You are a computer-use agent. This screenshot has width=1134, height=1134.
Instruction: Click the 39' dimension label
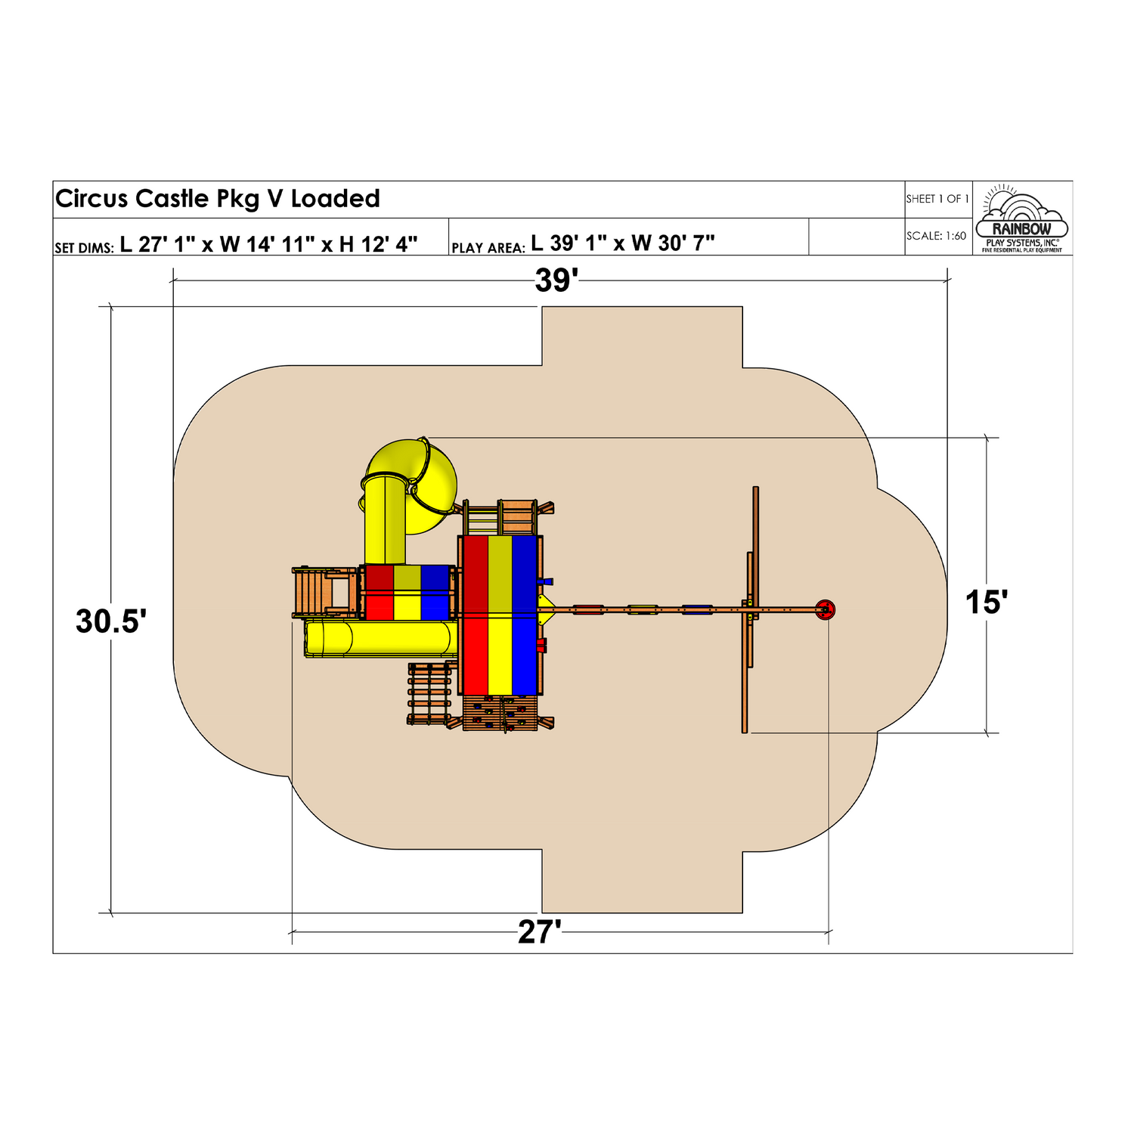[556, 280]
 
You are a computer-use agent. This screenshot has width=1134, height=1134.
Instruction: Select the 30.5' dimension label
[110, 621]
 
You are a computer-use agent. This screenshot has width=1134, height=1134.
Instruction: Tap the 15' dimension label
[986, 603]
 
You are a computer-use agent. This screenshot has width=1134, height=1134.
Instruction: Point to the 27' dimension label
[539, 932]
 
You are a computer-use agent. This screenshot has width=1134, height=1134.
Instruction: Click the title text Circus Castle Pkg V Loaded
[218, 199]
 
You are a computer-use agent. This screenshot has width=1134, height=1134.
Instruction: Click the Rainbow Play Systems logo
[1021, 218]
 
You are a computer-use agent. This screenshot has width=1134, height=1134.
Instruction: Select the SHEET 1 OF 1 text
[937, 199]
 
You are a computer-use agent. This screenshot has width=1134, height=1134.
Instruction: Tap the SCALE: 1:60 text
[936, 236]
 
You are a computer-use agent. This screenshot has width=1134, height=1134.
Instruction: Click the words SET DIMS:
[84, 248]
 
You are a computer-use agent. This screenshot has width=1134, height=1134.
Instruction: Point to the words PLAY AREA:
[488, 248]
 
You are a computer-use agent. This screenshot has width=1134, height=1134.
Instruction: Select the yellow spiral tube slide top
[411, 476]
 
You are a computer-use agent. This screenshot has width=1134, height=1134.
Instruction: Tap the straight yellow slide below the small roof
[382, 638]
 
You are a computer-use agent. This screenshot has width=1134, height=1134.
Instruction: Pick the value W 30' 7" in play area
[673, 243]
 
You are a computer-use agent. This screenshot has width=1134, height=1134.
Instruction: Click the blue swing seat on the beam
[696, 609]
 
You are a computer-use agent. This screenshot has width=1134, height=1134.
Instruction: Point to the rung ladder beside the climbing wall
[429, 694]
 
